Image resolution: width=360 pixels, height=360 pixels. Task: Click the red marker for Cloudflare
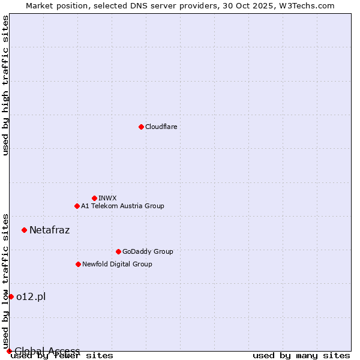(141, 127)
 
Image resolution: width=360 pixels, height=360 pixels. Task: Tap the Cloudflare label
(161, 127)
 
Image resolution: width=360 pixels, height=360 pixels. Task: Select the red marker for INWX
(94, 198)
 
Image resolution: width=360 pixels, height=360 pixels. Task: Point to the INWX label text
(107, 198)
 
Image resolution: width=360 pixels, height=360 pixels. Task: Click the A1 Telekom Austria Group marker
(77, 206)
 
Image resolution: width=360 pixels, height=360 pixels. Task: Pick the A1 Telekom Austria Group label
(122, 206)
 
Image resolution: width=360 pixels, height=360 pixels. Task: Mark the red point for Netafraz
(24, 230)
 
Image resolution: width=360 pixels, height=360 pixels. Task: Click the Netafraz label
(49, 230)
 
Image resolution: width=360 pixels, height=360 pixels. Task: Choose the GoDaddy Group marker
(118, 251)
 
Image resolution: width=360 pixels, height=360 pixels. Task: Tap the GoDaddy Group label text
(148, 251)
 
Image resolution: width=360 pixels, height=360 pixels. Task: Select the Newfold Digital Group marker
(78, 264)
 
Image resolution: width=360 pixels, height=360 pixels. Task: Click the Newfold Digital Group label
(117, 264)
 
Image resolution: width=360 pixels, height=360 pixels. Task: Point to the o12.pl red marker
(11, 296)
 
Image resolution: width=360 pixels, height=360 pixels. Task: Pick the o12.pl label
(31, 296)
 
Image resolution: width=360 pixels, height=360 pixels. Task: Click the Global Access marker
(9, 351)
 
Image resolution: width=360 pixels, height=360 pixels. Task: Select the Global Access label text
(47, 351)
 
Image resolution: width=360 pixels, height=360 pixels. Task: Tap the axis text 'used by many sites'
(301, 356)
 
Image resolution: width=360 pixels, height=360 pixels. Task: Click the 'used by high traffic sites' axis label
(5, 85)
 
